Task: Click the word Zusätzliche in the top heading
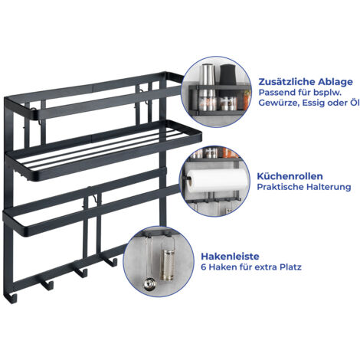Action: tap(286, 82)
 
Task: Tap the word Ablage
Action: tap(335, 82)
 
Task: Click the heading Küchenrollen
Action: tap(290, 176)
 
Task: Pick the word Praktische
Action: tap(280, 187)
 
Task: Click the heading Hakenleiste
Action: tap(230, 256)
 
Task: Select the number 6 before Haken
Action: tap(204, 267)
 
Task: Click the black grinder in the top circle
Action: tap(228, 75)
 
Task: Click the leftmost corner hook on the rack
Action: tap(11, 297)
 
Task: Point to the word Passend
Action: tap(277, 93)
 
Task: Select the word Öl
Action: tap(354, 103)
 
